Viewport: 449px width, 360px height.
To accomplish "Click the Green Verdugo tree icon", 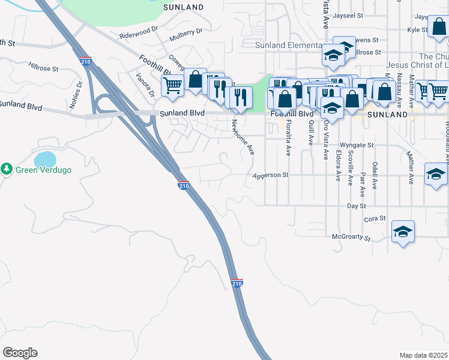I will tap(7, 170).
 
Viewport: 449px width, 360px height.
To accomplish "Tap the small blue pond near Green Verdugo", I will tap(46, 160).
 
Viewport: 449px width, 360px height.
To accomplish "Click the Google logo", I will tap(20, 353).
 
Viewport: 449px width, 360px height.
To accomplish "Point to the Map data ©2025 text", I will tap(423, 355).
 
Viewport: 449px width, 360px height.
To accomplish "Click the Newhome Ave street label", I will tap(244, 137).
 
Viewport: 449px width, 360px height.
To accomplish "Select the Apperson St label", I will tap(271, 176).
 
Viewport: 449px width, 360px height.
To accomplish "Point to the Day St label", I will tap(357, 206).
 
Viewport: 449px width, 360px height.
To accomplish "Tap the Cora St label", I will tap(373, 219).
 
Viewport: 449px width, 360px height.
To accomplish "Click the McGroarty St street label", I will tap(352, 237).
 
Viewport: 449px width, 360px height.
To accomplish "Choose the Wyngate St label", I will tap(357, 145).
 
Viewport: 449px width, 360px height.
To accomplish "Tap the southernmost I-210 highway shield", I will tap(237, 282).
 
